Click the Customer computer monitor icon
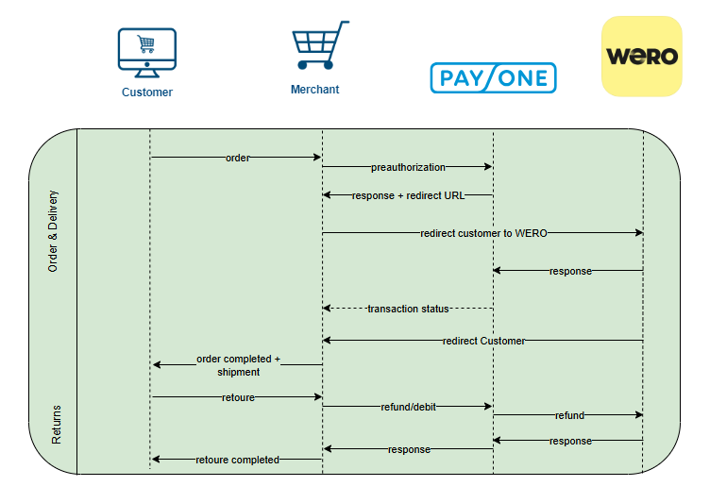(146, 51)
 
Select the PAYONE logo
(493, 77)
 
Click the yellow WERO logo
(642, 56)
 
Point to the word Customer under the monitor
(147, 92)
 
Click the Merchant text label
(314, 90)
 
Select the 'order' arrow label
(238, 158)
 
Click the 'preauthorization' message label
(408, 167)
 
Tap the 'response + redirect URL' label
(408, 195)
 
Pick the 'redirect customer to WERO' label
(483, 233)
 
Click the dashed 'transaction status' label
(408, 309)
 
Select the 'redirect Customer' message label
(483, 341)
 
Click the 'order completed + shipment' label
(238, 365)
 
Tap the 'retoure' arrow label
(238, 397)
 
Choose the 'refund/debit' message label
(408, 407)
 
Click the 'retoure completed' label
(237, 460)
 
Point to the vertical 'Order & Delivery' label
(53, 231)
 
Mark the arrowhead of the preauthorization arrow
(488, 167)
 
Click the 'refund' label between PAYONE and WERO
(569, 415)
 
